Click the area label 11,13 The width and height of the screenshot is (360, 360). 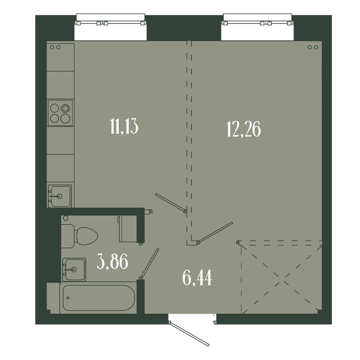click(124, 126)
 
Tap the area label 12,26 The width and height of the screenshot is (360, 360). click(244, 129)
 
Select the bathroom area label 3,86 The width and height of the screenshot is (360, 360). click(112, 262)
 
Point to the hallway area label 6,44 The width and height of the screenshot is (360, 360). click(197, 278)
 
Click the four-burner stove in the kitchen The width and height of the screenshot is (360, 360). click(60, 113)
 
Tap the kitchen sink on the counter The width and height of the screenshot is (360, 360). click(60, 196)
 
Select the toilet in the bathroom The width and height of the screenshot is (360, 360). click(79, 236)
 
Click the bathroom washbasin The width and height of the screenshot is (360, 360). click(74, 270)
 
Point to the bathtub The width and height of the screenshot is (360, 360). click(99, 298)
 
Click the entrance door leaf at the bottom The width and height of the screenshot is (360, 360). click(189, 334)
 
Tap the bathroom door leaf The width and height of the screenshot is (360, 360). click(149, 263)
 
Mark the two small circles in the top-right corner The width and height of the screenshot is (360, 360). click(313, 47)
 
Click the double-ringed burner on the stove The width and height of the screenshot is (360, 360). click(65, 108)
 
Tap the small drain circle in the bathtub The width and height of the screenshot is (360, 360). click(67, 298)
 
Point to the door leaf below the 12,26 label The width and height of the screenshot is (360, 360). click(215, 232)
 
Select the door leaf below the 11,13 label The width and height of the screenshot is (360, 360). click(171, 202)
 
